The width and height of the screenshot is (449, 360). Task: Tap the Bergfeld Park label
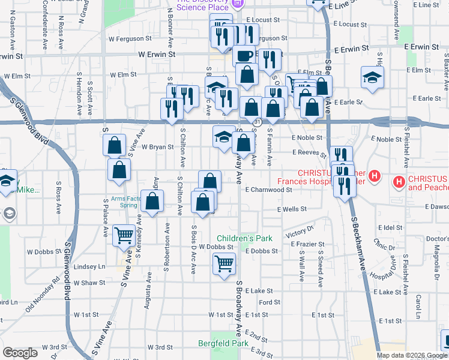pyautogui.click(x=223, y=344)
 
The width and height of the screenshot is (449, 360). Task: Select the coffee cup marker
pyautogui.click(x=244, y=56)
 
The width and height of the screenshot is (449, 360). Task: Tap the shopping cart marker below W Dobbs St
pyautogui.click(x=224, y=263)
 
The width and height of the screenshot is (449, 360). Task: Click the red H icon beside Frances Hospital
pyautogui.click(x=375, y=177)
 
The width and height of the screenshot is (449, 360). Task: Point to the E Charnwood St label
pyautogui.click(x=268, y=189)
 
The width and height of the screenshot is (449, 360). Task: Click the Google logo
pyautogui.click(x=21, y=353)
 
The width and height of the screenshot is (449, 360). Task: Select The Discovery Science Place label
pyautogui.click(x=202, y=6)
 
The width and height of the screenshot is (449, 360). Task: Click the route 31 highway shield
pyautogui.click(x=257, y=122)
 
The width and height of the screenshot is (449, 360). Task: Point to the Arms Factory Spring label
pyautogui.click(x=124, y=202)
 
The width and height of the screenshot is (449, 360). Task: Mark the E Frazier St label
pyautogui.click(x=307, y=244)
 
